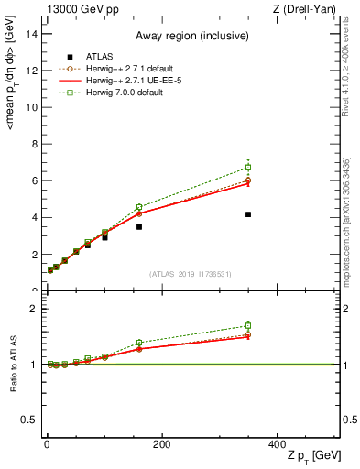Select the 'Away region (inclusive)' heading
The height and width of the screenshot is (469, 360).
[x=191, y=37]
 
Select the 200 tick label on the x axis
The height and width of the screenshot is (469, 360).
[x=162, y=444]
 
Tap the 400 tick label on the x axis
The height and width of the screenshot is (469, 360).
[x=278, y=444]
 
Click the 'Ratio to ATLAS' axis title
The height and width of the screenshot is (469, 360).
[x=13, y=365]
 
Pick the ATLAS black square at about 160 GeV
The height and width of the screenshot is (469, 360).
[x=139, y=226]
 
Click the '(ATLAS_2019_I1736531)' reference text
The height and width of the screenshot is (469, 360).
[x=191, y=274]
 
